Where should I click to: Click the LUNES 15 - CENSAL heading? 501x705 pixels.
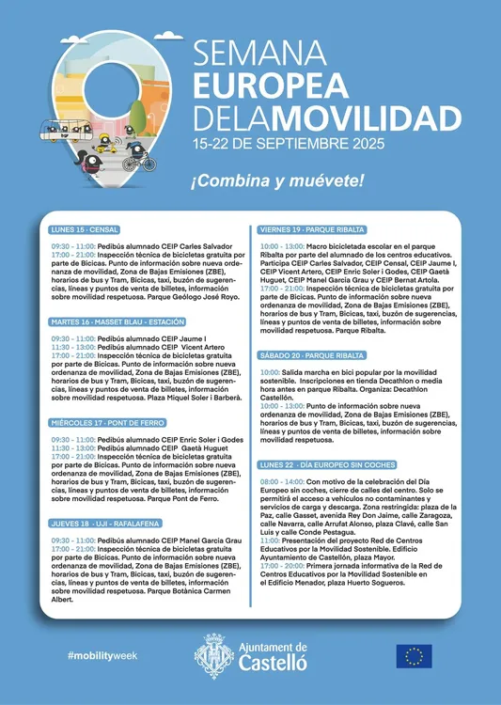(85, 229)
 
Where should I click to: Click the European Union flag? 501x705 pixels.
(414, 655)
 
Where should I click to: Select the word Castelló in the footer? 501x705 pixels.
(273, 662)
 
